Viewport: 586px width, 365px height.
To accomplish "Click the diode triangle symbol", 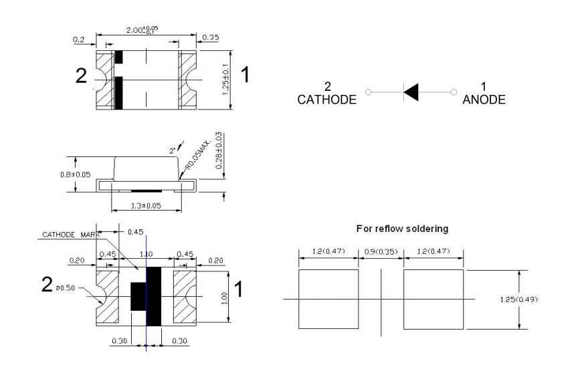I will (x=411, y=93).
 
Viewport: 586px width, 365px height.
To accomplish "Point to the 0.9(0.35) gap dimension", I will (x=381, y=251).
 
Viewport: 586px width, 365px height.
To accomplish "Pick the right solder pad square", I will (x=433, y=299).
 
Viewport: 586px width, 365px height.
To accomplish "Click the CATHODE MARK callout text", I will (x=68, y=235).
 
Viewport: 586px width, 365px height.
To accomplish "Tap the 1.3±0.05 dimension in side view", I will (x=144, y=206).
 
